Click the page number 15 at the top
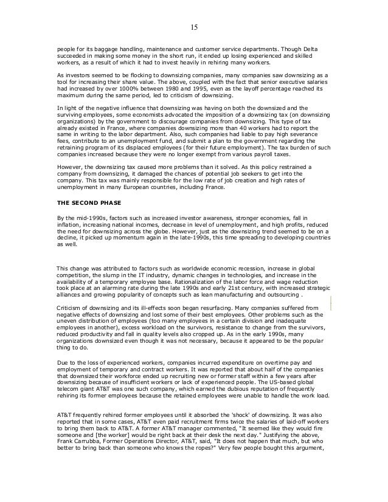pos(194,28)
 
